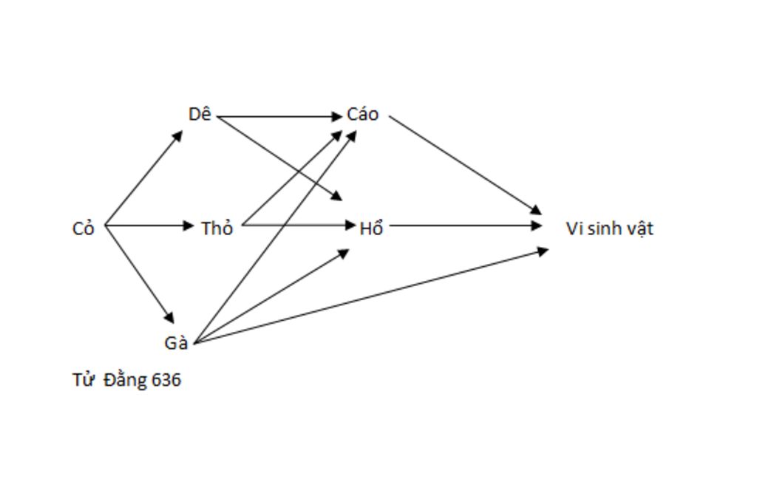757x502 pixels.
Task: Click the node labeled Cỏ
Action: click(x=84, y=228)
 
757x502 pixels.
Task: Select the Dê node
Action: click(x=200, y=115)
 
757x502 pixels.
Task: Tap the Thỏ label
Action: click(x=217, y=228)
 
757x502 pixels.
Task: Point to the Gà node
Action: click(x=176, y=343)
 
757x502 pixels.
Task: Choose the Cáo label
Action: click(x=362, y=115)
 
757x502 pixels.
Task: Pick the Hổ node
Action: click(x=371, y=228)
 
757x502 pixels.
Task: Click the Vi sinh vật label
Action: click(x=609, y=228)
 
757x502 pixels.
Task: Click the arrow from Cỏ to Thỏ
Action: click(x=148, y=225)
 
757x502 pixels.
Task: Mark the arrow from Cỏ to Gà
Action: click(x=140, y=274)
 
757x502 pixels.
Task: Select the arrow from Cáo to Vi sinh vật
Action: click(x=466, y=164)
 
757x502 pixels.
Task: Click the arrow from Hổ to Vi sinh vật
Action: click(x=466, y=225)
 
